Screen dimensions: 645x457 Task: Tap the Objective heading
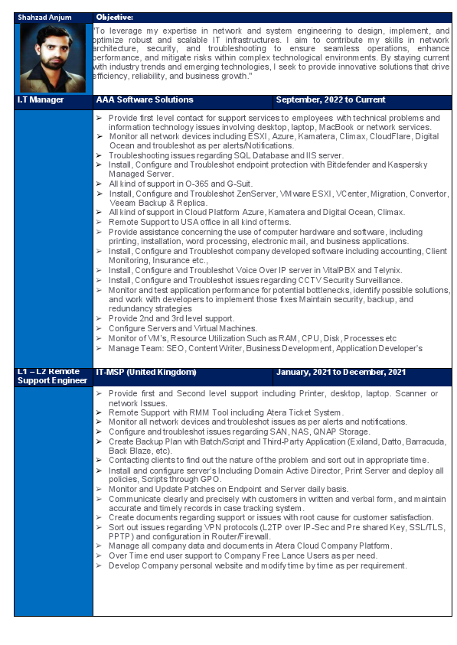point(115,16)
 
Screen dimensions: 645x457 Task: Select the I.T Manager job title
point(41,100)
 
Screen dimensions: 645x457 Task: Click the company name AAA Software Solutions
point(145,100)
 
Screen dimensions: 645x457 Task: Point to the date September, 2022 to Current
point(330,100)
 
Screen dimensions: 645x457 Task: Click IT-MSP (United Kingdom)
point(146,372)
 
